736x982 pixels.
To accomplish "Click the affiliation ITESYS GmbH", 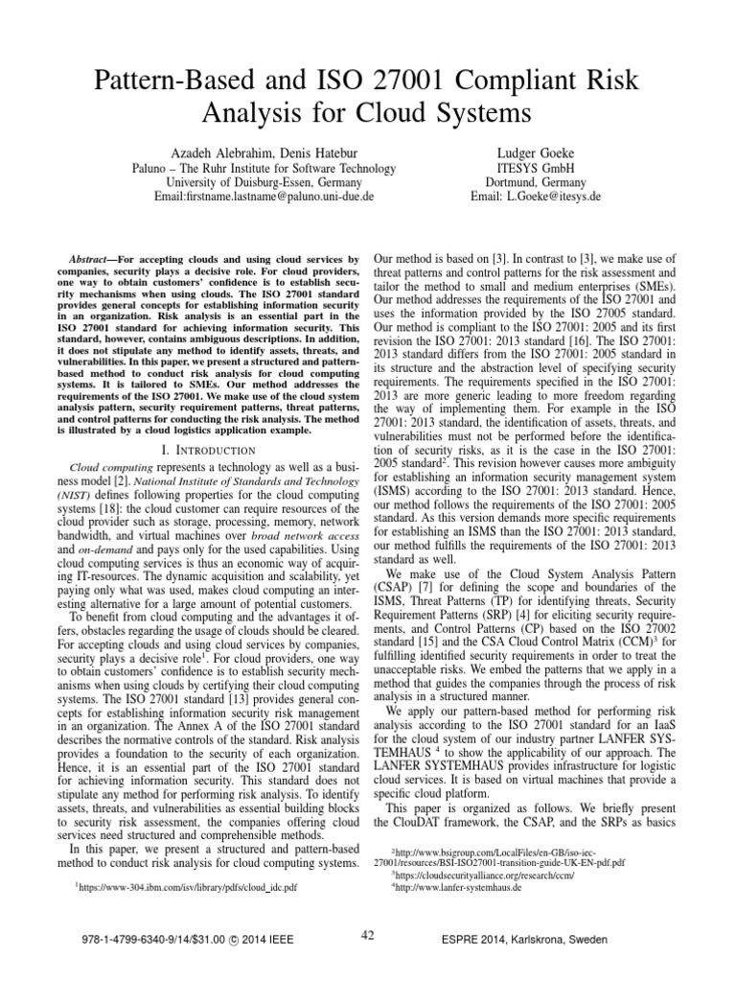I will (534, 168).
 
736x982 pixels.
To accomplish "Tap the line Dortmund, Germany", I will (534, 182).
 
